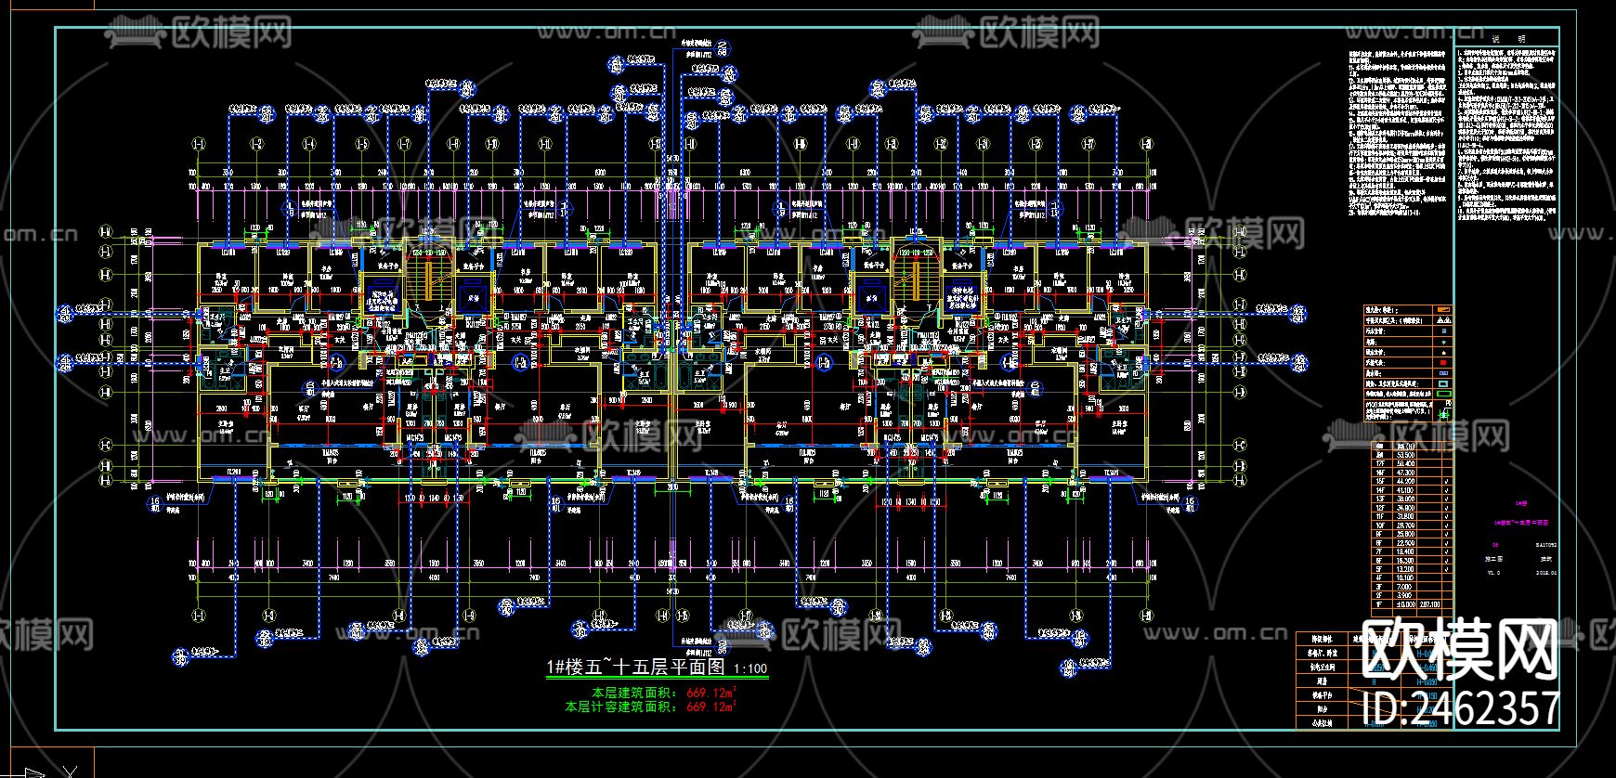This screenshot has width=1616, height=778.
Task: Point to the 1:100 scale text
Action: (x=750, y=668)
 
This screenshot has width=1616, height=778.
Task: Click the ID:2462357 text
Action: (x=1466, y=708)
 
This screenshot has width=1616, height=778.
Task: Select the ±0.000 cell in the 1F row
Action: (x=1405, y=604)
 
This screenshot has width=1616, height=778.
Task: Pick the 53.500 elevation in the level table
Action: (x=1405, y=456)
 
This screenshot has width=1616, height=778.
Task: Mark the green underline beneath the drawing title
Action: (x=658, y=679)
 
